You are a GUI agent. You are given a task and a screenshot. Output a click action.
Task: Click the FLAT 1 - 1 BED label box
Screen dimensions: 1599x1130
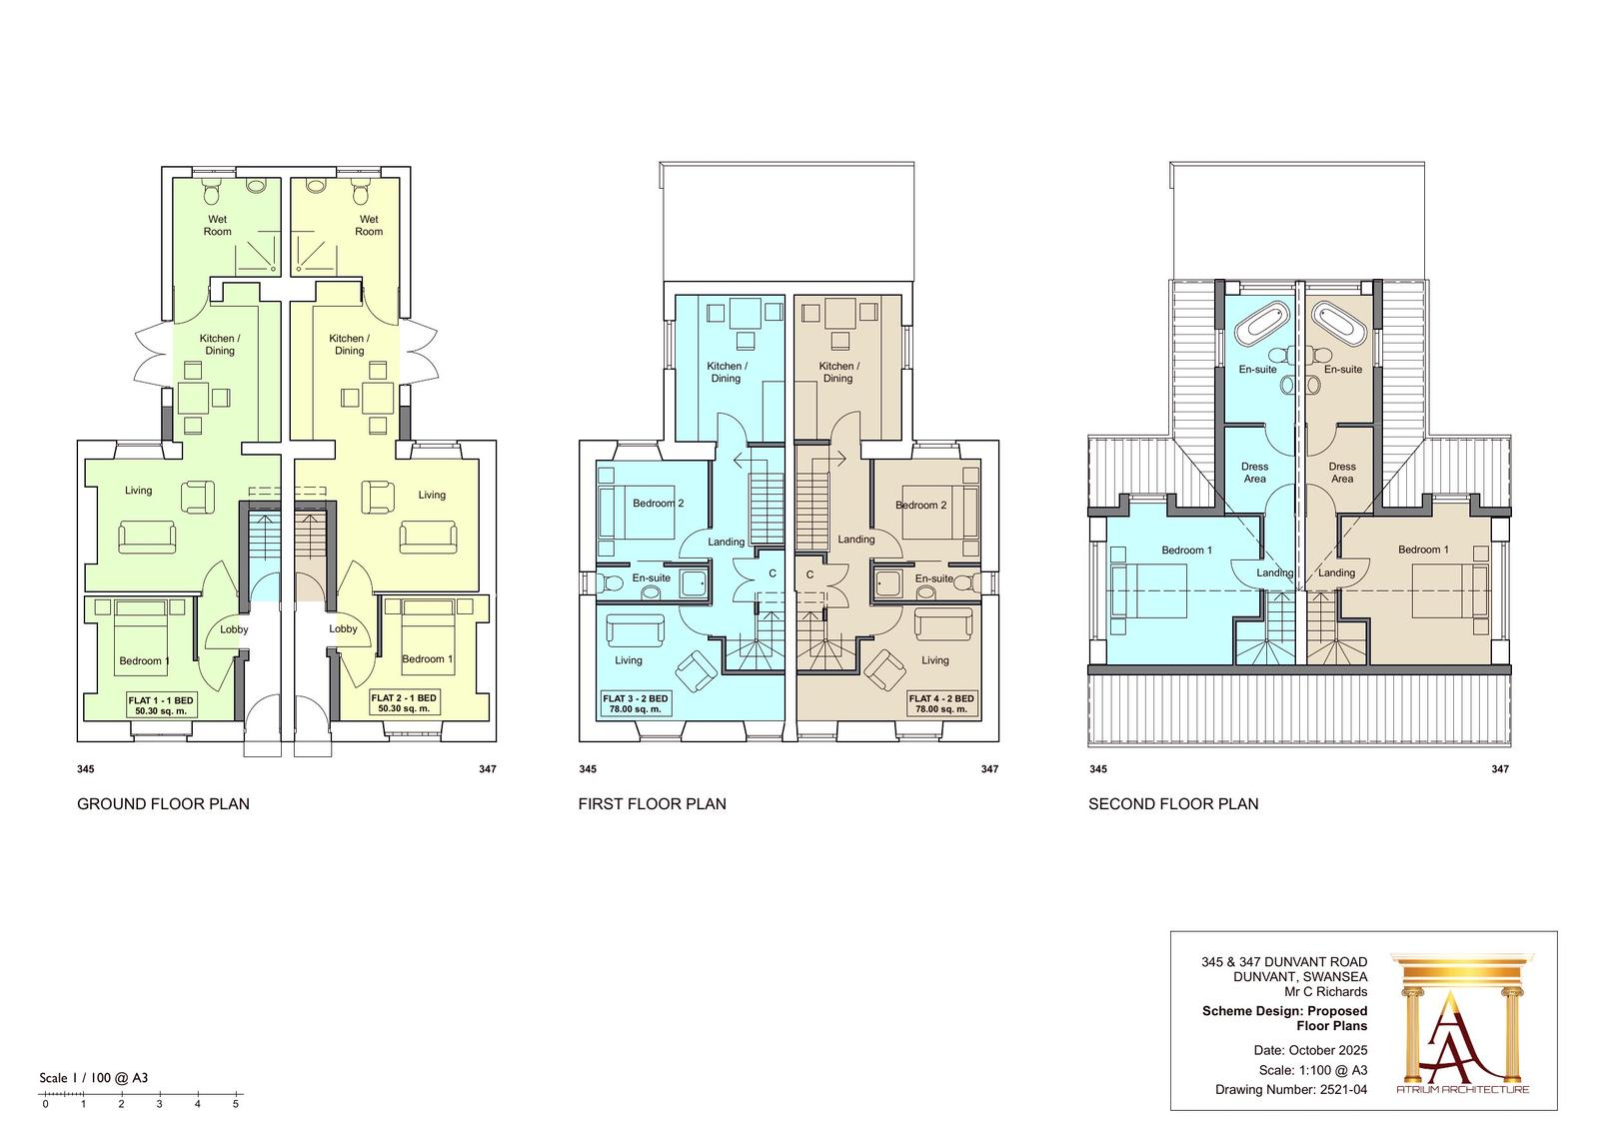(x=161, y=704)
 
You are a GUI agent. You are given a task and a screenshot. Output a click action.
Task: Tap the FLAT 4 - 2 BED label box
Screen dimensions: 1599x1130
(x=940, y=703)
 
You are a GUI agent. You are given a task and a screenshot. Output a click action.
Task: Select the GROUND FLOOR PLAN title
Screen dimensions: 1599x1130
(x=164, y=803)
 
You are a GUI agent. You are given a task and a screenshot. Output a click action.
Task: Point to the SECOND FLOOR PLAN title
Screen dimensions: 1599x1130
(x=1173, y=803)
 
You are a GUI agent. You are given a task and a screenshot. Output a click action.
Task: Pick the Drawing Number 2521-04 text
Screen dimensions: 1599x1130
(x=1291, y=1090)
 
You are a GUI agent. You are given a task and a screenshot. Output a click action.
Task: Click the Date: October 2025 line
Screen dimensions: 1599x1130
(x=1310, y=1050)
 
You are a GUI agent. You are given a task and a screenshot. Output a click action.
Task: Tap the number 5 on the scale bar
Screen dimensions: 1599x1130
(x=236, y=1104)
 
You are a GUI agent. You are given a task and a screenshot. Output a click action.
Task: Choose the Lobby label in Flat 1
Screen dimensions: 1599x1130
(x=234, y=629)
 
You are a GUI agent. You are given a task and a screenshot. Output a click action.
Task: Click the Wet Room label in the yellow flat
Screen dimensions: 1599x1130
(x=369, y=226)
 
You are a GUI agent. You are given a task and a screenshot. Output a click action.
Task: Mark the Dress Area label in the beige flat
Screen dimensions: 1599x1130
(x=1342, y=473)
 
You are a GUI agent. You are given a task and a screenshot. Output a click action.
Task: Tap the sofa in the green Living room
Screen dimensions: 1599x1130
(x=147, y=538)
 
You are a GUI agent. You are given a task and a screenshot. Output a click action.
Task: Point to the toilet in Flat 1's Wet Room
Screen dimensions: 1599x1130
(x=212, y=191)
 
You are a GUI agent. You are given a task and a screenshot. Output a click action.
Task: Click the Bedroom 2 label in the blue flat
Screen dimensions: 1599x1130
(x=659, y=504)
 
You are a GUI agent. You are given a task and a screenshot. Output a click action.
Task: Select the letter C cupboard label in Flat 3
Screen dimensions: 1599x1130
(x=773, y=573)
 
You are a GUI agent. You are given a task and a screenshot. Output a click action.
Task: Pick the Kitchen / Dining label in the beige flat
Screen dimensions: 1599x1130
(x=838, y=372)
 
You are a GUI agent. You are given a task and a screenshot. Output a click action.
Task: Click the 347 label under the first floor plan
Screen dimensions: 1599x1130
(x=989, y=768)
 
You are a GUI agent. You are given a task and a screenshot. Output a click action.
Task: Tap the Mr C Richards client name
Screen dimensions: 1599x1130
(x=1325, y=991)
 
